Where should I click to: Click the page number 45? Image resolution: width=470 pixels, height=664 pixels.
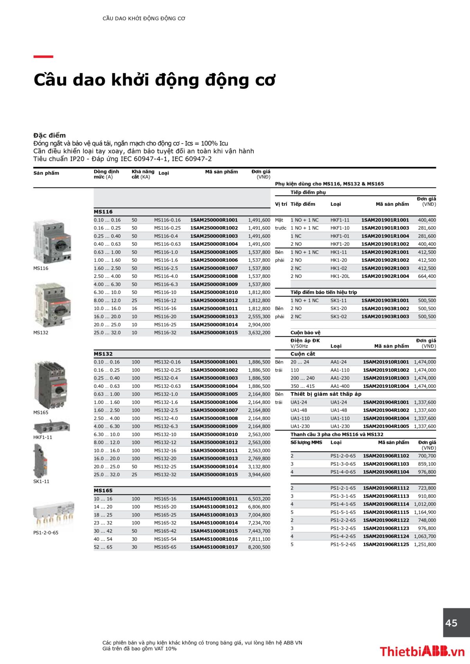point(451,623)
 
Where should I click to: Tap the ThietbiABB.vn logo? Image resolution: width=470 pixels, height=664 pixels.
point(421,651)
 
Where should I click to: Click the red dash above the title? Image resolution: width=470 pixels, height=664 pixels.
point(43,57)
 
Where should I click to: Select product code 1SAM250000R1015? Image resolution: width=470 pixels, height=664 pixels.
point(214,333)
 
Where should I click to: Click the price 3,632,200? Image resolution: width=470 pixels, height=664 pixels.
point(259,333)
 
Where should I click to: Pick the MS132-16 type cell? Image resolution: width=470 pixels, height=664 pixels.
point(165,450)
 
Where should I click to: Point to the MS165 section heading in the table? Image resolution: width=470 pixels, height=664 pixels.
point(103,491)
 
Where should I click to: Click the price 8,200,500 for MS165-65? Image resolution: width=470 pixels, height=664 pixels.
point(259,547)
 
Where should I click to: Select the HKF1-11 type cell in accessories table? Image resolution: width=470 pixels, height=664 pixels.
point(340,220)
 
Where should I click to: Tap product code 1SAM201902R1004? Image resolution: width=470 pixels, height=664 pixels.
point(385,276)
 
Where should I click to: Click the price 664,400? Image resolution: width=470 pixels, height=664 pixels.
point(427,276)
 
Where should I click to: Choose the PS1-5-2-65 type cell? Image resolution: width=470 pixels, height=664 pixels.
point(343,544)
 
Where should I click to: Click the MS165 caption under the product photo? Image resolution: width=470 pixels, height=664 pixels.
point(41,412)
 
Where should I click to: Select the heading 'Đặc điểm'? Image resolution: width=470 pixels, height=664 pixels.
point(49,135)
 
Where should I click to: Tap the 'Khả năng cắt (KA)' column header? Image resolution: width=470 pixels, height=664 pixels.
point(143,174)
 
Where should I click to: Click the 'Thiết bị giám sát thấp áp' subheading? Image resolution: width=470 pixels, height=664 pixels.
point(326,394)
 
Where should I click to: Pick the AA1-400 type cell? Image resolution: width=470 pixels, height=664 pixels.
point(340,386)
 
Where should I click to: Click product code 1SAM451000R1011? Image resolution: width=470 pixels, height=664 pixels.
point(214,499)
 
